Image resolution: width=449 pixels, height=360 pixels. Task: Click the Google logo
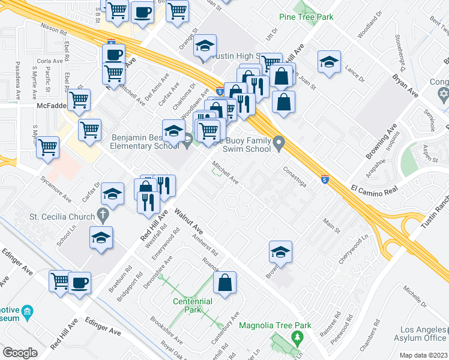[x=20, y=353]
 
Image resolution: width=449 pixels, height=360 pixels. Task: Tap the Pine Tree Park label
[x=306, y=17]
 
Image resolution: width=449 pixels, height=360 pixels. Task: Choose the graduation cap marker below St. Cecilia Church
[x=101, y=238]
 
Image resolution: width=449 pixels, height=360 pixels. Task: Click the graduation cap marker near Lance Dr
[x=329, y=62]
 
